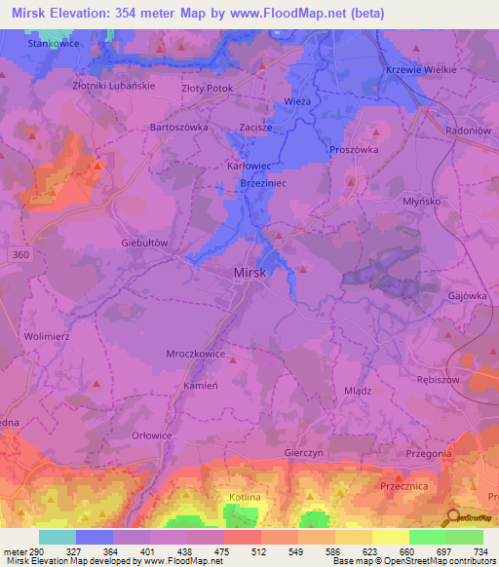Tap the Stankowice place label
click(x=26, y=44)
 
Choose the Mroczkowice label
click(x=194, y=354)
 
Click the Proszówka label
click(x=353, y=150)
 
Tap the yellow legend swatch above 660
click(x=391, y=537)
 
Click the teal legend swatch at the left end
click(x=58, y=537)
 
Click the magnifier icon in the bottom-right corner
click(x=453, y=518)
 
